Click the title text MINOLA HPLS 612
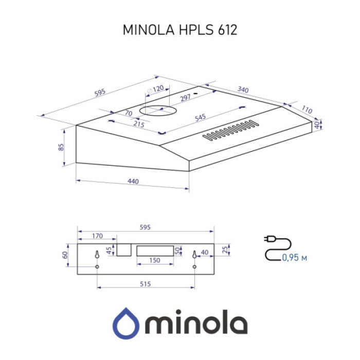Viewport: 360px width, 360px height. [179, 30]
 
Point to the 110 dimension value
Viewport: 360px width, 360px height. [307, 110]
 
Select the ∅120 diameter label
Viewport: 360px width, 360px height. [155, 89]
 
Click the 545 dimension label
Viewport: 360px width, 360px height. [200, 118]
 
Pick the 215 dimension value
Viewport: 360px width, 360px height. [138, 124]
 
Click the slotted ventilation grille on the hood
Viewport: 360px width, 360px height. [230, 131]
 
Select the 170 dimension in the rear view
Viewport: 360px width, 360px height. [96, 236]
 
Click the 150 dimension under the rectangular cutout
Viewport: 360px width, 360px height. [155, 261]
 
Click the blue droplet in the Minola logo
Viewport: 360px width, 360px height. [126, 323]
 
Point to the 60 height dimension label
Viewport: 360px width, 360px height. [65, 255]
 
